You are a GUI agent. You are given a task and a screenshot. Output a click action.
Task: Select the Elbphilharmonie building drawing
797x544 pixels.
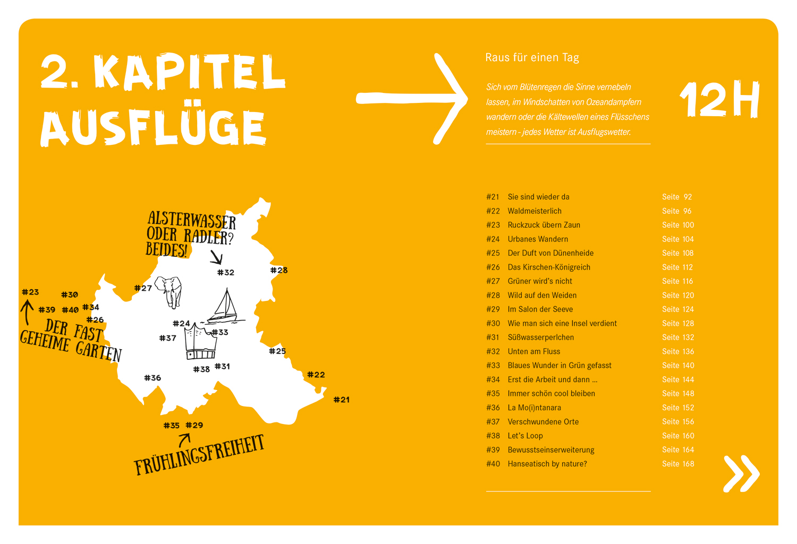click(x=201, y=343)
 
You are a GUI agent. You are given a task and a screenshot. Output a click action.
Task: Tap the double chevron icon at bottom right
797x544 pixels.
click(x=741, y=473)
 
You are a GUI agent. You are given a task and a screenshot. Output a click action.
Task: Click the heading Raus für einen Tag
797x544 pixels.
click(x=532, y=57)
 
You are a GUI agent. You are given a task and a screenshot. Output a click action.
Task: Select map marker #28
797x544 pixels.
click(x=279, y=270)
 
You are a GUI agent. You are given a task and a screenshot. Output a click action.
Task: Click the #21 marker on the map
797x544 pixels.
click(x=342, y=400)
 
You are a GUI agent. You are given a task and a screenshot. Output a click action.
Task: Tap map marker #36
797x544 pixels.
click(x=152, y=378)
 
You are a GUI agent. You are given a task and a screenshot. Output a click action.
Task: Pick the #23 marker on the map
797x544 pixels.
click(x=30, y=292)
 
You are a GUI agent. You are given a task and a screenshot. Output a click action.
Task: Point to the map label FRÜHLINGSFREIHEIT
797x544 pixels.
click(x=199, y=455)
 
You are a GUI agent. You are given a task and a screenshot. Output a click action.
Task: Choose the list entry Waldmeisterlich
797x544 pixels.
click(x=535, y=211)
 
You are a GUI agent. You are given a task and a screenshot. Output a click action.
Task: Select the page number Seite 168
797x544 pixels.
click(x=678, y=464)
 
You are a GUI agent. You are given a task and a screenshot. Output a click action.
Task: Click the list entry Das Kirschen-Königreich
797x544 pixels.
click(x=549, y=267)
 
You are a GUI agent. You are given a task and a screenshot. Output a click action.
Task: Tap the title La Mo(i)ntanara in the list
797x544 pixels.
click(x=534, y=408)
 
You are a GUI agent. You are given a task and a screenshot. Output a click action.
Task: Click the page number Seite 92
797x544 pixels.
click(x=677, y=197)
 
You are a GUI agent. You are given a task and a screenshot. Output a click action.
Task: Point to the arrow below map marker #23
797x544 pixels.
click(x=27, y=313)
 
